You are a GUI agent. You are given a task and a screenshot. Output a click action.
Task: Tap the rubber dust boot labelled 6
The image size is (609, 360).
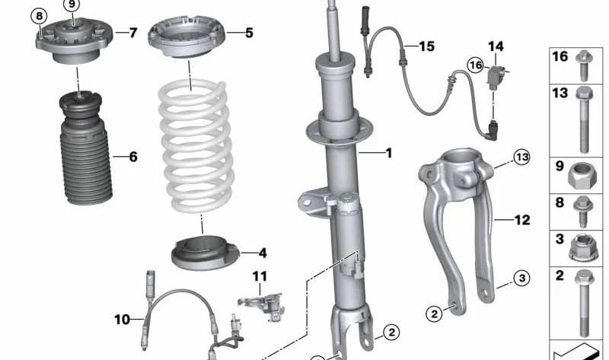click(85, 148)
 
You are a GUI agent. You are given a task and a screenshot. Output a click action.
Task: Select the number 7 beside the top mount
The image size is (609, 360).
click(133, 33)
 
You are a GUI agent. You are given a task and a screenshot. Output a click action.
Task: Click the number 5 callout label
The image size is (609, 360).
click(249, 33)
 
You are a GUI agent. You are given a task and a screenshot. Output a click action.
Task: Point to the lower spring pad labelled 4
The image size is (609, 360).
click(205, 253)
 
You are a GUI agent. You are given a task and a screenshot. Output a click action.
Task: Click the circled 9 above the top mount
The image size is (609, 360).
click(72, 5)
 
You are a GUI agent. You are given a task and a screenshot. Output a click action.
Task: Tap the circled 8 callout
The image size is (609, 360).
click(39, 16)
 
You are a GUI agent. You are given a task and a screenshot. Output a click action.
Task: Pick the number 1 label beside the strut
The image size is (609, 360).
click(388, 153)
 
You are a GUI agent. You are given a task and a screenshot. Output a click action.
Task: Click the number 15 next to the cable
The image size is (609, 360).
click(426, 46)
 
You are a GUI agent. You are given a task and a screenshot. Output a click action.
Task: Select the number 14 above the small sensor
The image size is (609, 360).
click(496, 46)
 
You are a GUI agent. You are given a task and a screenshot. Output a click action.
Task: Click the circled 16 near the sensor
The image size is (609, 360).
click(476, 65)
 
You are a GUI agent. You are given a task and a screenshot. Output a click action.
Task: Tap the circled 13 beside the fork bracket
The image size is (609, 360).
click(521, 158)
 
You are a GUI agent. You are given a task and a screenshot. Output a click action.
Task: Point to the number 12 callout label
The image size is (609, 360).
click(522, 220)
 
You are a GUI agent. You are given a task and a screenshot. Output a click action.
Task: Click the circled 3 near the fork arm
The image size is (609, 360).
click(521, 278)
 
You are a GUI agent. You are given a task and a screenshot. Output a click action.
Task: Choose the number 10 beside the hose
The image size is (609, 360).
click(122, 320)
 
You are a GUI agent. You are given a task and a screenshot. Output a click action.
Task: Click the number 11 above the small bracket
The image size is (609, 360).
click(260, 276)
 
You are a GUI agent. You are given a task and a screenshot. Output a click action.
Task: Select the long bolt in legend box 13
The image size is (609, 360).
click(583, 120)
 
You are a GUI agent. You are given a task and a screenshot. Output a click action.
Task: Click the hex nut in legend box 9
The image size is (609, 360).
click(582, 176)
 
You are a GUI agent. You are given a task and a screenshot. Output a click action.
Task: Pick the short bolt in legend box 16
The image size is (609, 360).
click(584, 65)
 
